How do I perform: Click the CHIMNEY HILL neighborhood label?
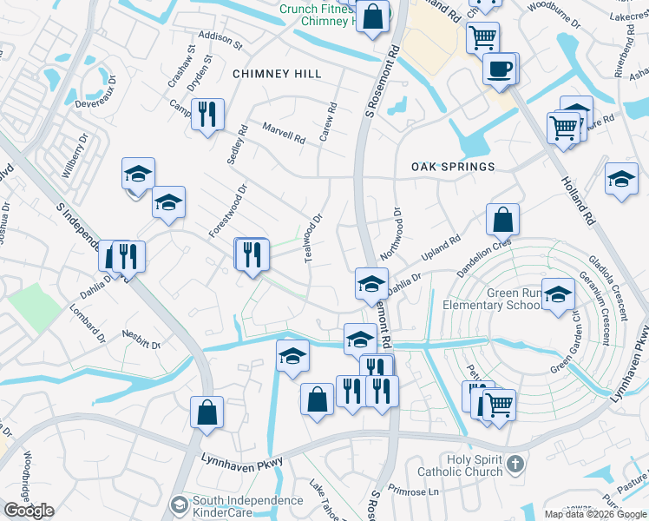coord(276,75)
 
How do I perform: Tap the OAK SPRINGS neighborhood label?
coord(453,166)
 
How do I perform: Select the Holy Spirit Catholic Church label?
coord(474,465)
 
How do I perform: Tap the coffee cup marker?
coord(500,69)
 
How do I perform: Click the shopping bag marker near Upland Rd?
coord(503,221)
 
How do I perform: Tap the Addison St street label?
coord(220,37)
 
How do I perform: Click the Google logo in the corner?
coord(29,510)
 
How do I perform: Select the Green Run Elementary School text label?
coord(491,300)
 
